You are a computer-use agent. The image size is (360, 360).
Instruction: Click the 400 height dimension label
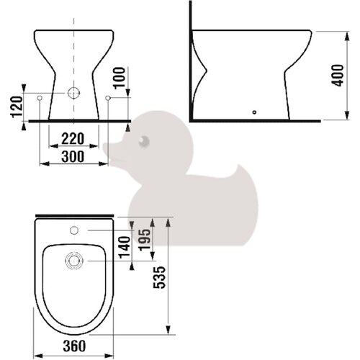coord(338,76)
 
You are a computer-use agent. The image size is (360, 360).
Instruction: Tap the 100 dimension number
coord(120,78)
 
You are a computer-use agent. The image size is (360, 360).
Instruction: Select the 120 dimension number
coord(17,107)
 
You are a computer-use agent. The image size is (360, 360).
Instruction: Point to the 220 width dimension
coord(73,139)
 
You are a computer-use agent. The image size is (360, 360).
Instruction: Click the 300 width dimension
coord(73,156)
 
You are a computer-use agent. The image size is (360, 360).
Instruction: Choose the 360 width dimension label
coord(74,346)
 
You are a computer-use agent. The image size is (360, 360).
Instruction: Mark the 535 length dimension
coord(160,277)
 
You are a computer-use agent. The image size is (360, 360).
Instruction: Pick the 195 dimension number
coord(145,240)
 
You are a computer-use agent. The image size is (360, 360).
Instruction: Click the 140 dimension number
coord(125,248)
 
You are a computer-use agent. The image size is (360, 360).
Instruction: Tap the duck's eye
coord(144,142)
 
